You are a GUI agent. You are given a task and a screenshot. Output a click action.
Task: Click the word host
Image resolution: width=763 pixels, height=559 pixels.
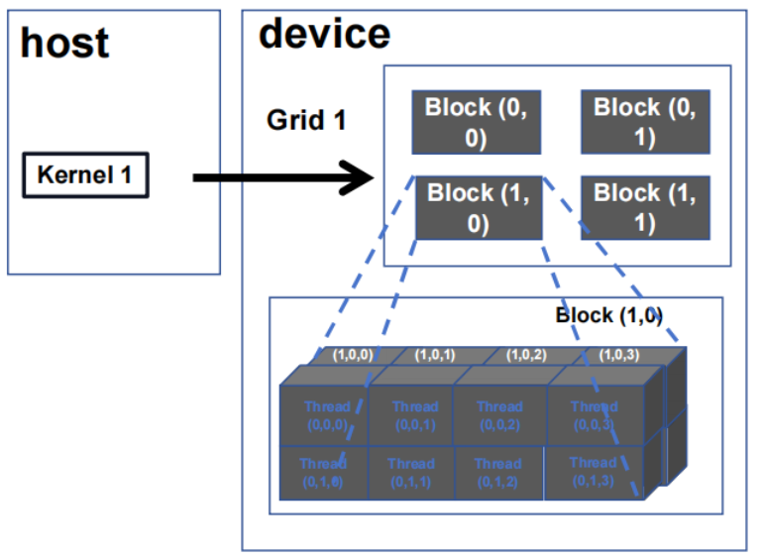(x=64, y=44)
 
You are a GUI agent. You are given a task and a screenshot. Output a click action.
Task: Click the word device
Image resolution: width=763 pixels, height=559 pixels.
(x=324, y=34)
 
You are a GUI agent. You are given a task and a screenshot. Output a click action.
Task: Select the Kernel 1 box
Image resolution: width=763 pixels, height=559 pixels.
(x=85, y=176)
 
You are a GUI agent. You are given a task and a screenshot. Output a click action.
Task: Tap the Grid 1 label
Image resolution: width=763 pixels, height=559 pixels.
(x=306, y=121)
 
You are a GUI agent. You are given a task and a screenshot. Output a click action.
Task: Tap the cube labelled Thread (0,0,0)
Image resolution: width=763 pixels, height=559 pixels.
(x=326, y=414)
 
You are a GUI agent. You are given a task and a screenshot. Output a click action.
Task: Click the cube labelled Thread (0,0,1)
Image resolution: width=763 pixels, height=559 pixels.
(x=414, y=414)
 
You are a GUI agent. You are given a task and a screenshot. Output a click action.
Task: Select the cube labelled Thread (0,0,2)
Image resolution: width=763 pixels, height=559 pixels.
(x=499, y=414)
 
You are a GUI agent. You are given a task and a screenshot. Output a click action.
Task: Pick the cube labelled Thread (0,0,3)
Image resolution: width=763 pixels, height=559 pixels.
(x=594, y=414)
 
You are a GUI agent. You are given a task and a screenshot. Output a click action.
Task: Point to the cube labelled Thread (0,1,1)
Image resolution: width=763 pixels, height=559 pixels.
(x=410, y=471)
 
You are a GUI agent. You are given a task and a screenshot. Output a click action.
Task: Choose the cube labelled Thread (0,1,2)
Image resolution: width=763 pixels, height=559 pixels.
(x=497, y=471)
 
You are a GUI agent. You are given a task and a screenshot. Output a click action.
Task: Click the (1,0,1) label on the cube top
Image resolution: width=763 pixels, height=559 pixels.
(x=435, y=354)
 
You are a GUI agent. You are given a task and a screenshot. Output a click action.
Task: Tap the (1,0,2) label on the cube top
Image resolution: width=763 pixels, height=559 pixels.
(x=527, y=354)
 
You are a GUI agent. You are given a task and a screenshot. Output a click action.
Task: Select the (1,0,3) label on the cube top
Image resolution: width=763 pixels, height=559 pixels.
(x=618, y=354)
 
